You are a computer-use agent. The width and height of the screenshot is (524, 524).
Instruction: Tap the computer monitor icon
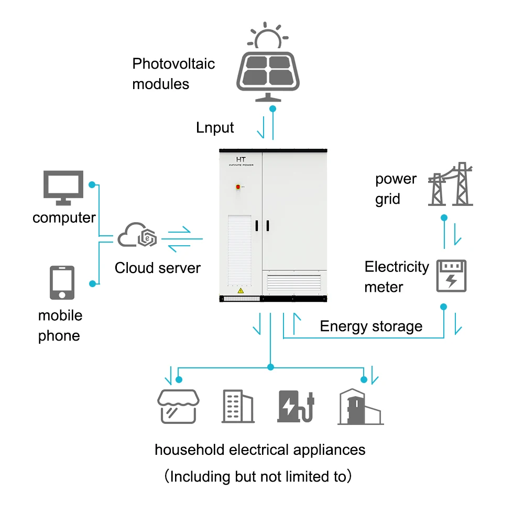pyautogui.click(x=63, y=187)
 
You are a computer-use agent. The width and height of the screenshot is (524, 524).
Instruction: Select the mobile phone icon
pyautogui.click(x=62, y=283)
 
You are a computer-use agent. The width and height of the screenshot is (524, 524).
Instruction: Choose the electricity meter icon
pyautogui.click(x=451, y=276)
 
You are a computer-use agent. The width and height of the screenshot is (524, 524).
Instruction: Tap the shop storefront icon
pyautogui.click(x=178, y=406)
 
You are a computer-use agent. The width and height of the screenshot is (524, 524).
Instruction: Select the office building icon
pyautogui.click(x=237, y=407)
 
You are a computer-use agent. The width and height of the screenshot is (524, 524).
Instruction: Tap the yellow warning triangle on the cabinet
pyautogui.click(x=240, y=290)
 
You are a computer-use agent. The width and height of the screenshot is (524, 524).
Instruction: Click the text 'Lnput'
pyautogui.click(x=215, y=127)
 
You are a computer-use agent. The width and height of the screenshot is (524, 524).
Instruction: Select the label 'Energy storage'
pyautogui.click(x=371, y=326)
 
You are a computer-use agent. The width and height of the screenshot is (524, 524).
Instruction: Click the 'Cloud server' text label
pyautogui.click(x=157, y=268)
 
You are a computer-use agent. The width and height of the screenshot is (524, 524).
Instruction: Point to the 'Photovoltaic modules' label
pyautogui.click(x=173, y=74)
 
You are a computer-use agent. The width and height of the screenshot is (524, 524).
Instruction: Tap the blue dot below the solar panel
pyautogui.click(x=272, y=109)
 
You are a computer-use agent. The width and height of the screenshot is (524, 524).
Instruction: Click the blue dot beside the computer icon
pyautogui.click(x=92, y=185)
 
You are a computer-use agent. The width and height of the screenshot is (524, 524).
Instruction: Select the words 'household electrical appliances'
pyautogui.click(x=260, y=450)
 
